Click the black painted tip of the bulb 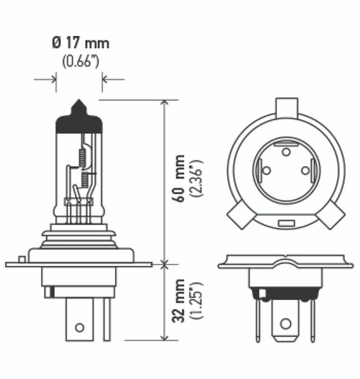(x=78, y=119)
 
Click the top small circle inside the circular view (x=286, y=152)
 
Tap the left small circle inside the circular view (x=266, y=170)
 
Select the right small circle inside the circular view (x=305, y=170)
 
